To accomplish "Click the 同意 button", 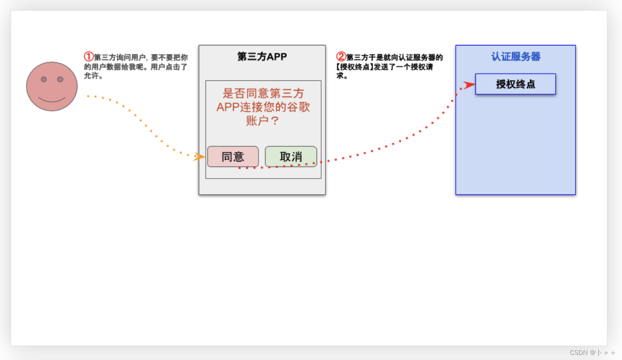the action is [233, 157].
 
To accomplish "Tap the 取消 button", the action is [291, 157].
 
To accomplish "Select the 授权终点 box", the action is [515, 84].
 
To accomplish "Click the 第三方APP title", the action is [262, 57].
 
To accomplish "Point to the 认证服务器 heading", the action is [516, 57].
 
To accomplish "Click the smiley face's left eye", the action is [44, 79].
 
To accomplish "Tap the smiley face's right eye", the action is [60, 79].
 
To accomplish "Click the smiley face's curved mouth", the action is [52, 100].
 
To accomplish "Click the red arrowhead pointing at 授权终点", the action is [469, 85].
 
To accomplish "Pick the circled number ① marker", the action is [89, 57].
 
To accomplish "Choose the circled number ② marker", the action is [341, 57].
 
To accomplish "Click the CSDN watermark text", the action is [592, 353].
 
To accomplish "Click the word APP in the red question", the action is [227, 107].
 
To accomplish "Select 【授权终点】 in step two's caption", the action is [355, 67].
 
